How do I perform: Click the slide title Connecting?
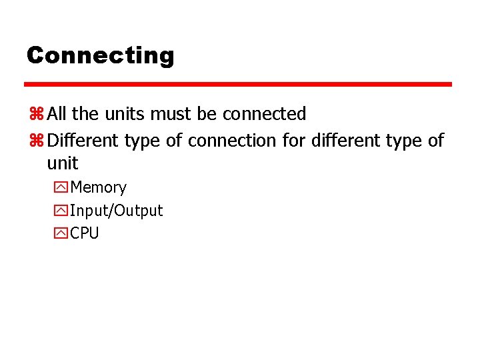(x=100, y=55)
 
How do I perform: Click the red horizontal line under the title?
(x=238, y=85)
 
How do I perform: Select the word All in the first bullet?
(x=58, y=114)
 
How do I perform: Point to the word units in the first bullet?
(x=123, y=114)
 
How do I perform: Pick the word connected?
(x=264, y=114)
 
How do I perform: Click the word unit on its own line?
(x=62, y=163)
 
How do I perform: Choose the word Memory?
(x=98, y=188)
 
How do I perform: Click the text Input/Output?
(x=116, y=211)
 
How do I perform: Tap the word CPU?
(x=84, y=233)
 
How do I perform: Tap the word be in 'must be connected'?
(x=207, y=114)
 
